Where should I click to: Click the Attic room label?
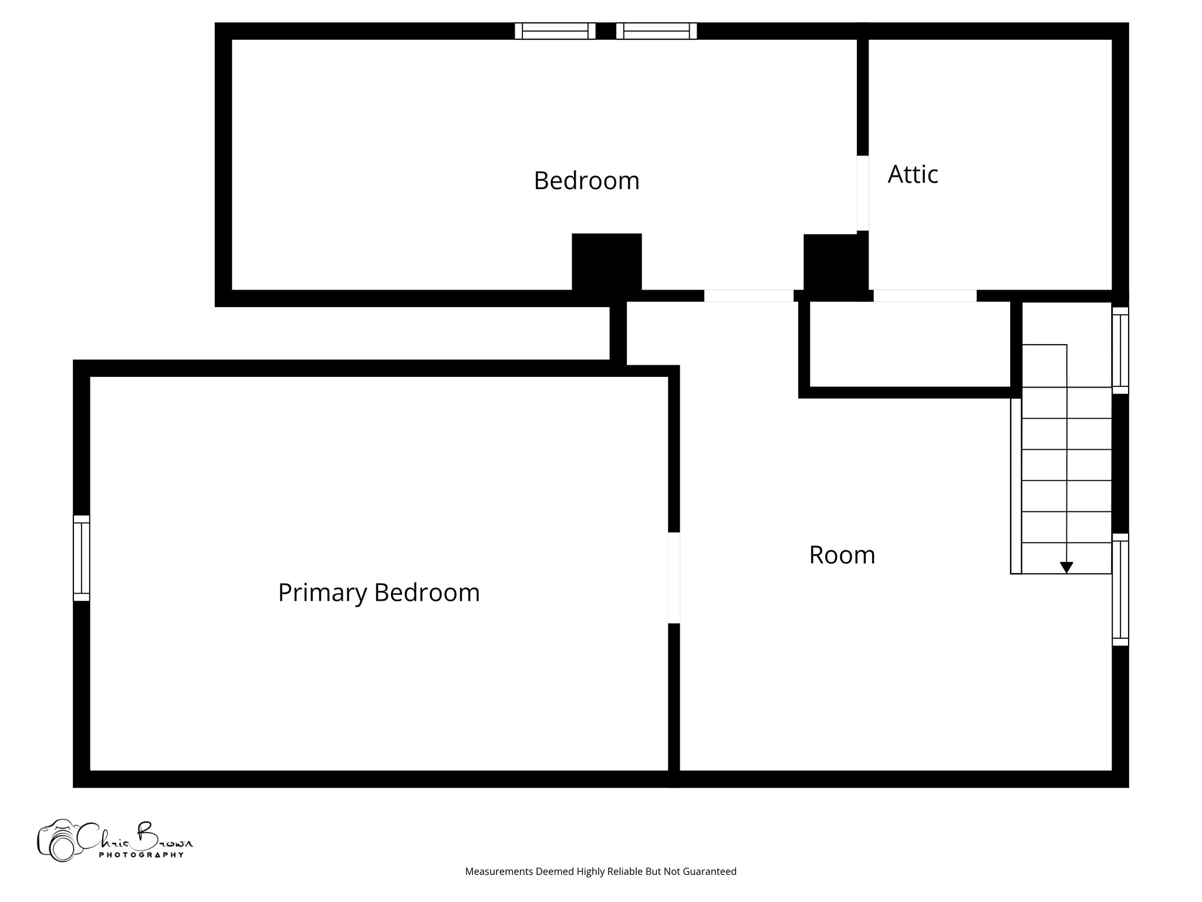[x=913, y=174]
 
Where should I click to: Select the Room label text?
[x=842, y=555]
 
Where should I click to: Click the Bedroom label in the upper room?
[x=586, y=180]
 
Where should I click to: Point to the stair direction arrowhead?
[x=1066, y=567]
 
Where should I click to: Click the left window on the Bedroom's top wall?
[x=555, y=31]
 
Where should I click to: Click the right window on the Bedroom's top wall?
[x=656, y=31]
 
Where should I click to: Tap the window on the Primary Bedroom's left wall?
[x=82, y=558]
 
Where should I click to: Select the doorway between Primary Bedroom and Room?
[x=674, y=577]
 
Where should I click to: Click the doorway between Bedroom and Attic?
[x=862, y=193]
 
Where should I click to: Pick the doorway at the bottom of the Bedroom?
[x=748, y=295]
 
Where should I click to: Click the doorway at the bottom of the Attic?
[x=925, y=295]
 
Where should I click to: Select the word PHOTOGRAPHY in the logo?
[x=141, y=855]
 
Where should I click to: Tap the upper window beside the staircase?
[x=1120, y=350]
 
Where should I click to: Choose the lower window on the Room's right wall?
[x=1120, y=590]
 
